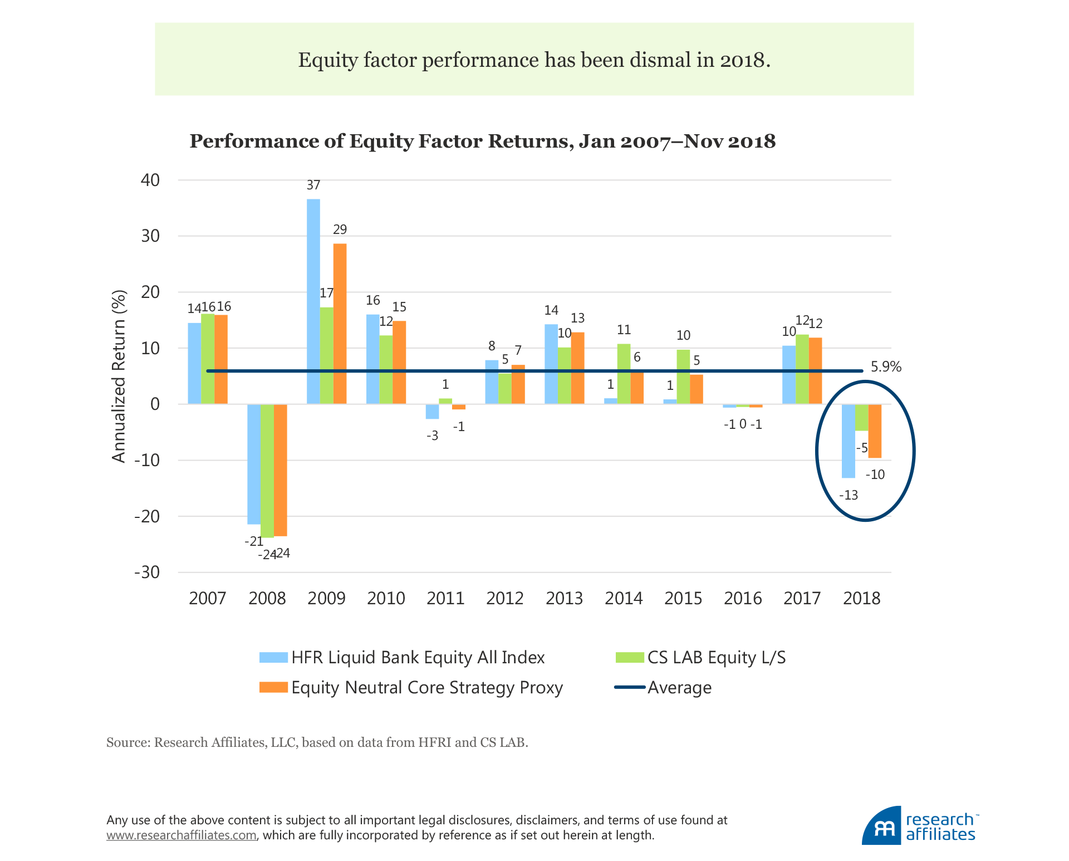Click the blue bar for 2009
(x=313, y=301)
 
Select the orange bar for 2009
(x=340, y=323)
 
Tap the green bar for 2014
(x=624, y=374)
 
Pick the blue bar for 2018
(x=848, y=441)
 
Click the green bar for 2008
(x=267, y=471)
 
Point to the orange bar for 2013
(x=577, y=368)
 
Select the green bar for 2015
(x=683, y=376)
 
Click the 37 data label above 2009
(x=313, y=185)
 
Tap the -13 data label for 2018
(x=848, y=495)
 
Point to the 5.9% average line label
(x=886, y=367)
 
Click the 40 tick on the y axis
(x=150, y=180)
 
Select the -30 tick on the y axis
(x=147, y=573)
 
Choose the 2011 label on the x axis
(x=445, y=599)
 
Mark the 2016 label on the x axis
(x=743, y=599)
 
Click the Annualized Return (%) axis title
(x=119, y=376)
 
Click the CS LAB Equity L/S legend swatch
(x=630, y=658)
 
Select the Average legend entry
(x=679, y=688)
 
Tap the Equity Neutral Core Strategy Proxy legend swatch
(x=273, y=688)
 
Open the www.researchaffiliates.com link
(x=182, y=835)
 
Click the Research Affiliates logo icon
(x=881, y=826)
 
